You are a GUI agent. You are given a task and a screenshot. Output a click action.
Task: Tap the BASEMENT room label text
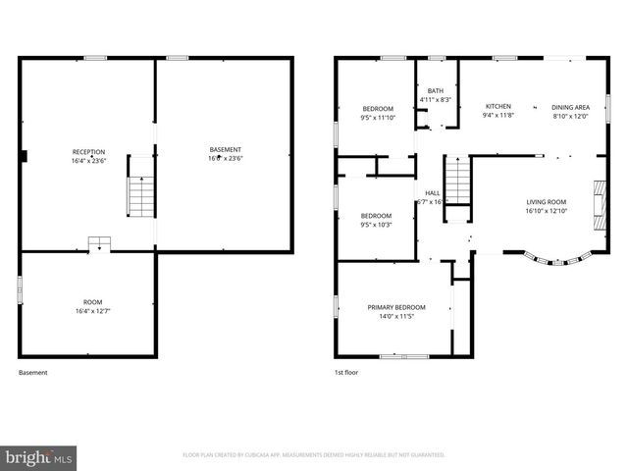(x=225, y=150)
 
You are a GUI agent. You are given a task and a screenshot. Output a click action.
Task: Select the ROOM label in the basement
(x=92, y=302)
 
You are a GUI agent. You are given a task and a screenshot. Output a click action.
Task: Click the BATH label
(x=435, y=91)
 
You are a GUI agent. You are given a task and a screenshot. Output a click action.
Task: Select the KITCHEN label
(x=498, y=106)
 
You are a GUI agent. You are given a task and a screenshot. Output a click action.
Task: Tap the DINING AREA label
(x=570, y=107)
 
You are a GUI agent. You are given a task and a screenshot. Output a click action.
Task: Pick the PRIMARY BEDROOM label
(x=396, y=307)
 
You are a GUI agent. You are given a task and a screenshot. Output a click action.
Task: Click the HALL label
(x=432, y=192)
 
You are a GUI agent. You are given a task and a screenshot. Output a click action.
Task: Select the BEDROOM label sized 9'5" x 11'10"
(x=378, y=109)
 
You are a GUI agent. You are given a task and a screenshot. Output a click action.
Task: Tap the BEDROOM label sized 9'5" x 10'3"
(x=376, y=216)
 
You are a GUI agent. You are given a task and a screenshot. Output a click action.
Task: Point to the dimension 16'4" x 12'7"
(x=92, y=312)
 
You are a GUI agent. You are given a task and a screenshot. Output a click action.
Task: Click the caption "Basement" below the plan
(x=32, y=373)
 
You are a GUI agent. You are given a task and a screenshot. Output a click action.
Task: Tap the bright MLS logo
(x=39, y=456)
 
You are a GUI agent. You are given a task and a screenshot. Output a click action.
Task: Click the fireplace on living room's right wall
(x=598, y=199)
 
